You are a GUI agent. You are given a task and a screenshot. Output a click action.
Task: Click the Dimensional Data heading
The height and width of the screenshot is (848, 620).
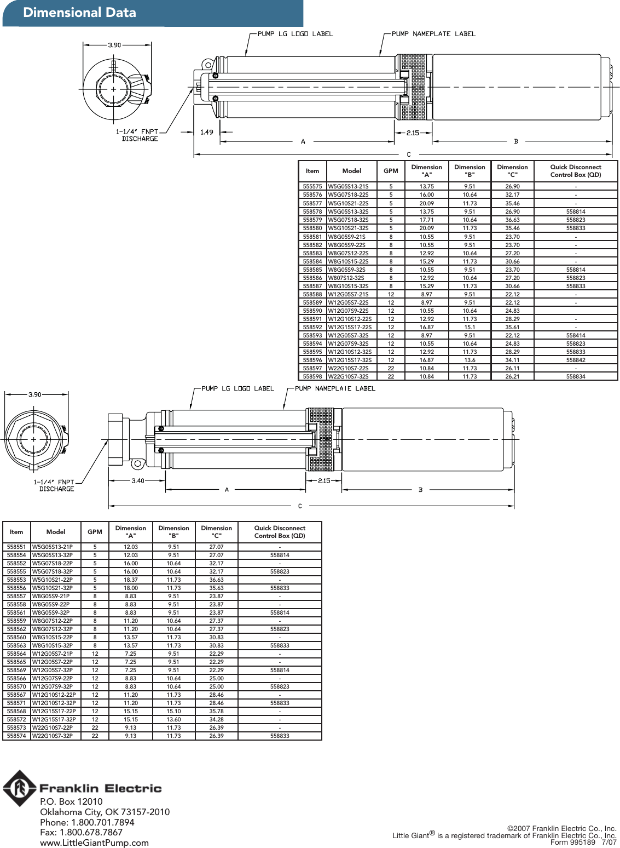point(79,13)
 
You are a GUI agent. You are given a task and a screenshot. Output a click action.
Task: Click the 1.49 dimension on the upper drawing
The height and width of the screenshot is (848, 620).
point(207,132)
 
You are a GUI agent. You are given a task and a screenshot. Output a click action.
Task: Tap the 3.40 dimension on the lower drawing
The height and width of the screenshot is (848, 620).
point(138,481)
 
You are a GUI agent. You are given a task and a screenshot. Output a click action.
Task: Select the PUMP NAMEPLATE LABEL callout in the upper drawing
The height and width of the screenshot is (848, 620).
point(433,34)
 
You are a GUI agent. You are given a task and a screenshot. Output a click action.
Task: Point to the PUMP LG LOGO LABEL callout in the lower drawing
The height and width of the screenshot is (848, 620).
point(237,388)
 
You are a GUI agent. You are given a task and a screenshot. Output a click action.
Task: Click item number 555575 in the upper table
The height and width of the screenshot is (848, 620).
point(312,186)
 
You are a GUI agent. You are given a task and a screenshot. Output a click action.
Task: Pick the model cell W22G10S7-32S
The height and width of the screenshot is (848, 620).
point(349,376)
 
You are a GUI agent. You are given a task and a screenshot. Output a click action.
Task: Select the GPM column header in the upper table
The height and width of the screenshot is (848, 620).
point(391,171)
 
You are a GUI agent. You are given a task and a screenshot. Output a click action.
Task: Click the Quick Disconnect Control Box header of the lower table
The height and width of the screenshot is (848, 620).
point(280,532)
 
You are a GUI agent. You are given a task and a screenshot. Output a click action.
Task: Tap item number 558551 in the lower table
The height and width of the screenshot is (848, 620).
point(16,547)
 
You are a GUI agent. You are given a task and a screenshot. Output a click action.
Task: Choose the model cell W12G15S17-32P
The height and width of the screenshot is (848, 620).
point(54,719)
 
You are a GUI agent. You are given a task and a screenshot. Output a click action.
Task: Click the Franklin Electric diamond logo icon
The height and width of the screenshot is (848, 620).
point(20,788)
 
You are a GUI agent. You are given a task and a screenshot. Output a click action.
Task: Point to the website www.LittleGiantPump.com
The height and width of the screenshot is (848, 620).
point(94,843)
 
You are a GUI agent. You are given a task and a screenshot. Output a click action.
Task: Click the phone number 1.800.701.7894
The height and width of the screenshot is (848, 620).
point(102,822)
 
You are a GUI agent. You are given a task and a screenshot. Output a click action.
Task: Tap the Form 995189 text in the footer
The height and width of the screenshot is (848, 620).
point(572,843)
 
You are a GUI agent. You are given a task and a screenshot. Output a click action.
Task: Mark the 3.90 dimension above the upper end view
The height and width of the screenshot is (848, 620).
point(114,45)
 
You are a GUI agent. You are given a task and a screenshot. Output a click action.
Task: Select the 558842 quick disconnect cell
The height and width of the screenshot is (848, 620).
point(576,360)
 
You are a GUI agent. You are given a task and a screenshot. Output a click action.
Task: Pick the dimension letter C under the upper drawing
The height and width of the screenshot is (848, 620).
point(409,154)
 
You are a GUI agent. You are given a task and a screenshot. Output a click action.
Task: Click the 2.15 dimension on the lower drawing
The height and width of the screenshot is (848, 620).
point(325,481)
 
